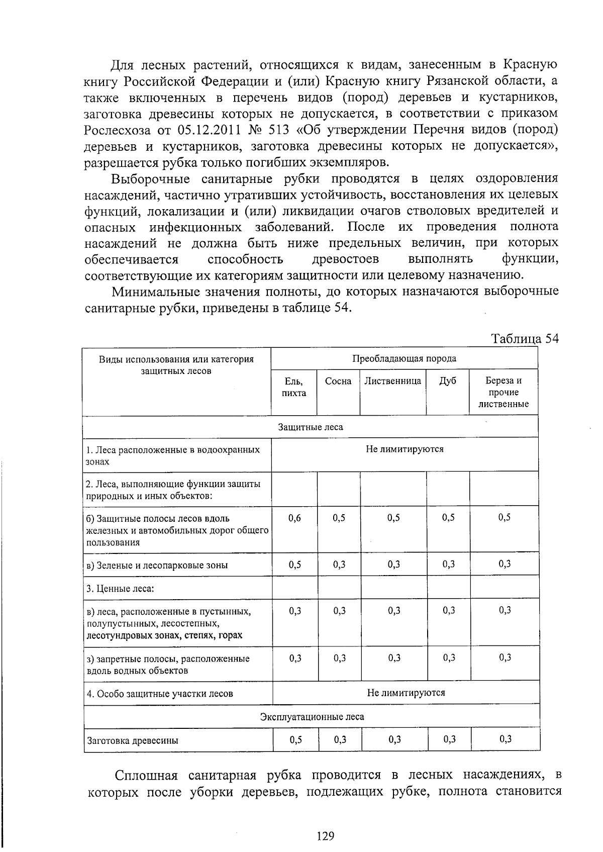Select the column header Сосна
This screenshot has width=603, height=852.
(338, 382)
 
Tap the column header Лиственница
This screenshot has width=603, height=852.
(393, 382)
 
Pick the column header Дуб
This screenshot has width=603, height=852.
(448, 382)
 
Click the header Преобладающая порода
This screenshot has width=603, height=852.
(404, 358)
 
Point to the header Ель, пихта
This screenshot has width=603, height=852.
(294, 387)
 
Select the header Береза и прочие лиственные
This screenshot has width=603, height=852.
(504, 393)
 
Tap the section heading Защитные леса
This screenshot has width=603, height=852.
(311, 427)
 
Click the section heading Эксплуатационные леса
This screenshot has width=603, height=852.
(312, 717)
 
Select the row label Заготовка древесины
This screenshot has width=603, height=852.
(133, 740)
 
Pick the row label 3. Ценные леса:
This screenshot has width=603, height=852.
(120, 589)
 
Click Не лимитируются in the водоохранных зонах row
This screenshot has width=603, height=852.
(405, 449)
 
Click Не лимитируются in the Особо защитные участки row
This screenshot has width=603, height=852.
(406, 693)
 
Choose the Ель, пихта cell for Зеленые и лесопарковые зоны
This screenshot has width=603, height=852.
(295, 564)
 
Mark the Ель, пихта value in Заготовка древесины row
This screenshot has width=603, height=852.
(296, 739)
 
